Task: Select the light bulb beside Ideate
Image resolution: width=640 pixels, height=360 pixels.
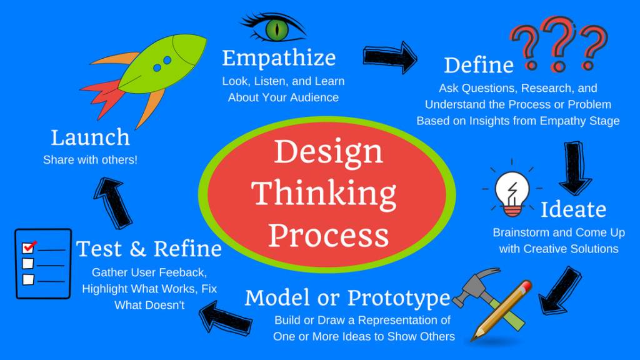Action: click(x=512, y=192)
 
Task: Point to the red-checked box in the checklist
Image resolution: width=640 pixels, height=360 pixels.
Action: click(x=28, y=247)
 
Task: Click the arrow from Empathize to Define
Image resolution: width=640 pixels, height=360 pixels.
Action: click(x=390, y=57)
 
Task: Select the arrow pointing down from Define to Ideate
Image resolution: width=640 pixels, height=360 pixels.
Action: click(x=575, y=167)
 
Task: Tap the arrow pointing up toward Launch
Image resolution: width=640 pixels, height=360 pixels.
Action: click(x=113, y=203)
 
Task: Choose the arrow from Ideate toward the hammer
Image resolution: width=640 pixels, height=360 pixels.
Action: click(x=559, y=291)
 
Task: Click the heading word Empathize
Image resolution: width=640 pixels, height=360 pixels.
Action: click(x=279, y=58)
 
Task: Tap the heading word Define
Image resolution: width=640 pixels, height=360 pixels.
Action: click(x=478, y=65)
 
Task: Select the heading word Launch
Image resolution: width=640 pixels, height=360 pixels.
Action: click(x=90, y=137)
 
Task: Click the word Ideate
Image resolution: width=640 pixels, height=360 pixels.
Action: click(x=573, y=209)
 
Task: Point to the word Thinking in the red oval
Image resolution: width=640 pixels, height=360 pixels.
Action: click(x=323, y=193)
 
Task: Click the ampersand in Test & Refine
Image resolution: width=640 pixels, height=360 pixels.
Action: click(x=137, y=249)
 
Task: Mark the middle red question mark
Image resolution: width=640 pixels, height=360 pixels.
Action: click(x=558, y=44)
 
